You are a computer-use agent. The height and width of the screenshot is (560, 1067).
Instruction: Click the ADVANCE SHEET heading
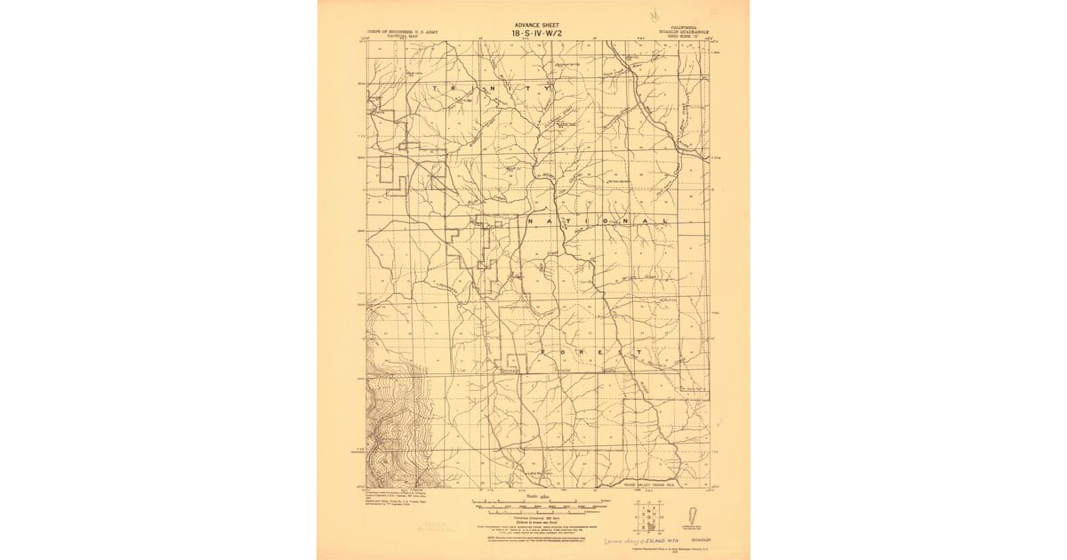(x=538, y=25)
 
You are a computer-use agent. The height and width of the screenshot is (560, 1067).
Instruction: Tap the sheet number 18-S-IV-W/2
(x=538, y=34)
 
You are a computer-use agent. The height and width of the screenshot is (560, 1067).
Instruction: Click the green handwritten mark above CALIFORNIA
(x=655, y=15)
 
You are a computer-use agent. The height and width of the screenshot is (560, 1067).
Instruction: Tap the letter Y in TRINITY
(x=549, y=89)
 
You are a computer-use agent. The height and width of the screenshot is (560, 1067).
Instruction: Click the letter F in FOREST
(x=541, y=352)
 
